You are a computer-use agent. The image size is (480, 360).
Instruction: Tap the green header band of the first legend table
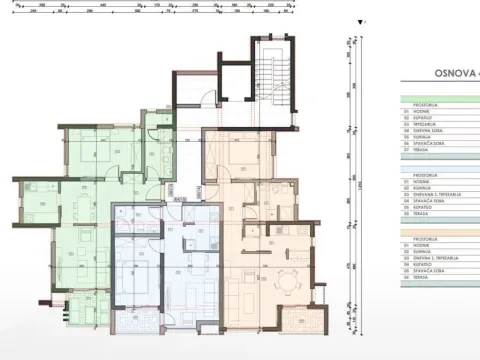coord(440,101)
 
